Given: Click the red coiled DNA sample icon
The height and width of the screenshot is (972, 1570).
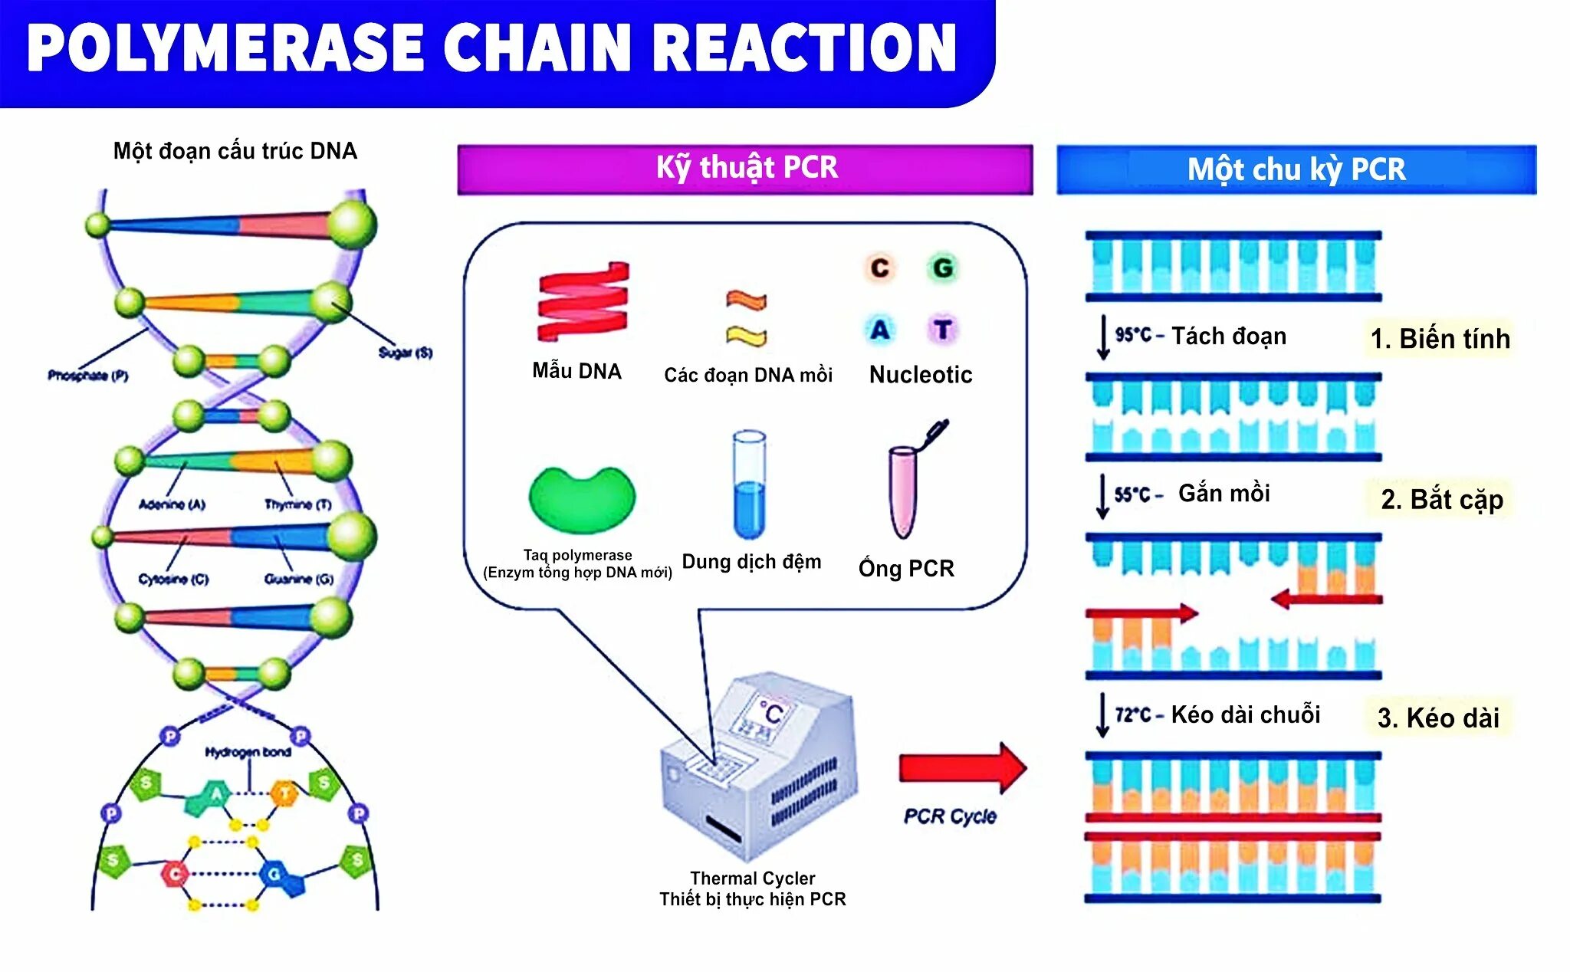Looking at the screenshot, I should click(583, 302).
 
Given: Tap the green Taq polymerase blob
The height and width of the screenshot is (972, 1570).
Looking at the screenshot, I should click(582, 499).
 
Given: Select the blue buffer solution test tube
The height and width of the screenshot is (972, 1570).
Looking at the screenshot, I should click(748, 485).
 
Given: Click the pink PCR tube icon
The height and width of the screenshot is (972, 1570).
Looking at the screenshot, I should click(905, 491).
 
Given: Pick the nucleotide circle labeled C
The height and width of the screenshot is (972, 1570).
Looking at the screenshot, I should click(879, 268).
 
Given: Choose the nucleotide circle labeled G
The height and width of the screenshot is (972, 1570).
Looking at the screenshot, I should click(943, 268).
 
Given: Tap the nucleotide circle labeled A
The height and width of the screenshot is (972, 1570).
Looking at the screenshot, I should click(879, 330).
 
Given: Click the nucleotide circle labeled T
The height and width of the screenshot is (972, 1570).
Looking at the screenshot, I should click(943, 330).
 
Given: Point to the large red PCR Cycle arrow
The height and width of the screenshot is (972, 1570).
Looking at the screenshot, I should click(961, 767).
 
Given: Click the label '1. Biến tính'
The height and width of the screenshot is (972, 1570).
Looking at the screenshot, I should click(1440, 338).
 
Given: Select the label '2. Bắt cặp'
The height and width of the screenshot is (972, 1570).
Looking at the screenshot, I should click(1441, 499).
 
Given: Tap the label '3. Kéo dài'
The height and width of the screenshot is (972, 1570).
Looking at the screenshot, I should click(1438, 718).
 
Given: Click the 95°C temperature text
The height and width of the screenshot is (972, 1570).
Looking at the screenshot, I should click(1133, 335).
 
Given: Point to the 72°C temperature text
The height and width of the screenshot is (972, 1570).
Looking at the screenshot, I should click(1133, 715).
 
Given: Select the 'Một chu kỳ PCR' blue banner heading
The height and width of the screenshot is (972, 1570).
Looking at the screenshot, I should click(1296, 169).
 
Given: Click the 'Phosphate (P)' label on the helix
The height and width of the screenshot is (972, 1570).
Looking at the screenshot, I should click(87, 376).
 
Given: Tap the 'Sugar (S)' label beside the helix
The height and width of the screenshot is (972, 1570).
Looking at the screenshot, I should click(406, 353).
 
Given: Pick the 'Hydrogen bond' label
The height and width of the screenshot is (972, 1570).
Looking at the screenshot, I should click(248, 752).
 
